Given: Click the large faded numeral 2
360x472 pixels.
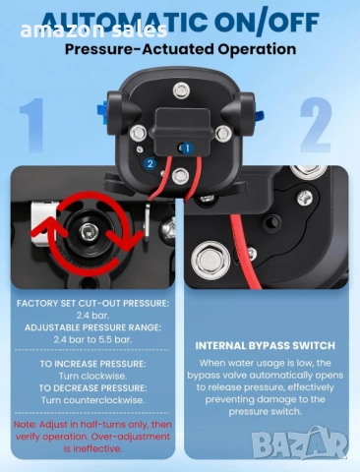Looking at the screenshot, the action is pos(316,125).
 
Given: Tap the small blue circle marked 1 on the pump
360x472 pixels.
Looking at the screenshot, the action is pos(187,148).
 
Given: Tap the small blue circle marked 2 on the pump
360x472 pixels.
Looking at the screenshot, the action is pos(150,163).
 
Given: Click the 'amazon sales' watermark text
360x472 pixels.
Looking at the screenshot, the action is pos(93,30).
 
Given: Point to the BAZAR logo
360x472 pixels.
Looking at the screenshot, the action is pos(300,443).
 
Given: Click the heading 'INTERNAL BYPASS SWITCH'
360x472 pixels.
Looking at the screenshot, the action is pos(265,346).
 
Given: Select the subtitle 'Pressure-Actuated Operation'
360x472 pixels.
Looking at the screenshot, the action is pos(180,49).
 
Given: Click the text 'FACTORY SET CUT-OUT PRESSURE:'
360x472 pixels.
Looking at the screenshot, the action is pos(92,303).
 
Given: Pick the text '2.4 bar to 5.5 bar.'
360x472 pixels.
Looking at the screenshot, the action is pos(92,339).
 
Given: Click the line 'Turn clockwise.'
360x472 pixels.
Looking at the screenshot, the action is pos(92,376).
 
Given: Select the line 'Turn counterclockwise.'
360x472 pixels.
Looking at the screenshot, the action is pos(92,400).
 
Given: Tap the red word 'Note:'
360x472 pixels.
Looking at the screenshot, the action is pos(25,425).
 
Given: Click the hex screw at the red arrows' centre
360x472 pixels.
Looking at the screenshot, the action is pos(89,232).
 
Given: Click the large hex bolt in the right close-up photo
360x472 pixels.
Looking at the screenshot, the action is pos(210,260).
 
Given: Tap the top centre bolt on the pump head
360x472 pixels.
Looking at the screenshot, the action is pos(181,90).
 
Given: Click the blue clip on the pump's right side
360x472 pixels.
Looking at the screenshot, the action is pos(259,116).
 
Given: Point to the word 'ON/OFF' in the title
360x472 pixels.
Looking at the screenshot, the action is pos(267,22).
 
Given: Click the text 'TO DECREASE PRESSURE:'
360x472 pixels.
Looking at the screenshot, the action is pos(92,388).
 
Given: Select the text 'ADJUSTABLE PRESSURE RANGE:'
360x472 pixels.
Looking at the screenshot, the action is pos(92,327).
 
